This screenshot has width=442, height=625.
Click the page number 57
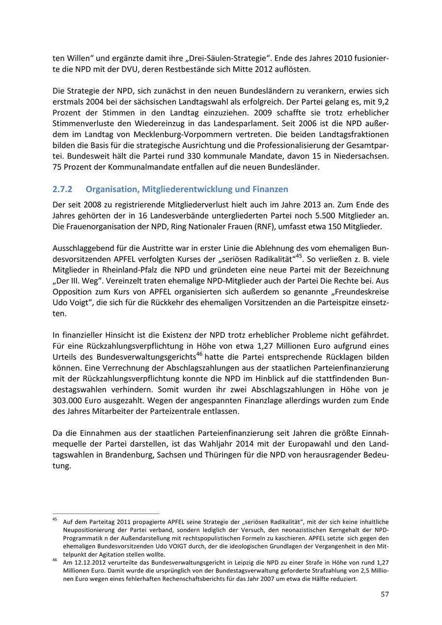pos(385,595)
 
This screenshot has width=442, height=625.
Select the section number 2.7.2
pos(62,189)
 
